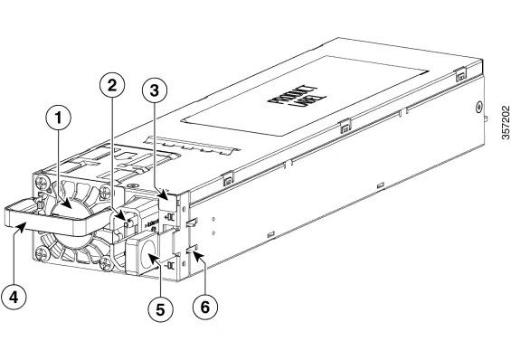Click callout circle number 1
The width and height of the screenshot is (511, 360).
59,118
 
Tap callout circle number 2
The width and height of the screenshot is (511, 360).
112,85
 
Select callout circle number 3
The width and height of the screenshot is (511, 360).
155,90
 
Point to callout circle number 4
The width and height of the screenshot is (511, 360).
14,297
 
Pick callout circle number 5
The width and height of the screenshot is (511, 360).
160,308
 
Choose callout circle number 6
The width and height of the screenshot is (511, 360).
204,307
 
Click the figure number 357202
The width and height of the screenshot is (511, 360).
506,122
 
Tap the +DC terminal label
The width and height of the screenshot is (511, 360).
170,217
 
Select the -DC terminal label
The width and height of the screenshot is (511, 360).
170,266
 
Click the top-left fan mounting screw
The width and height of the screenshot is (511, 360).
43,181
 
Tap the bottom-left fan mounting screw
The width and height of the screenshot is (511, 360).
43,253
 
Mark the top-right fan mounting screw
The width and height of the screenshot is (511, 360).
106,191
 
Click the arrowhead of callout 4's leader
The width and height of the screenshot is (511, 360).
20,228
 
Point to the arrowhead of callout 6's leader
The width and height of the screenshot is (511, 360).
197,253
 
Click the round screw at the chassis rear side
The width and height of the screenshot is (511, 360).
478,107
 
